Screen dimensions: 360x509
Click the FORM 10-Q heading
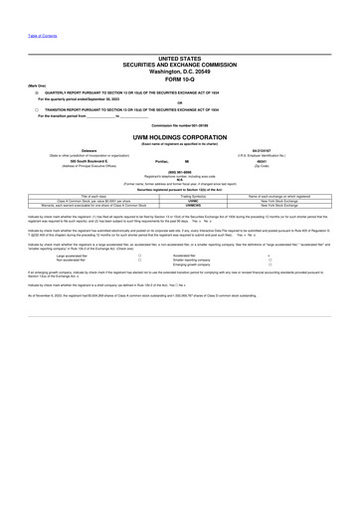[179, 79]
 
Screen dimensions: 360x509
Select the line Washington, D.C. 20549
[179, 72]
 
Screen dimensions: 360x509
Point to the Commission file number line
[179, 126]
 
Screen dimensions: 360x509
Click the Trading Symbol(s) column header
[179, 195]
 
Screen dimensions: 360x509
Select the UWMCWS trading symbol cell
[179, 204]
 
